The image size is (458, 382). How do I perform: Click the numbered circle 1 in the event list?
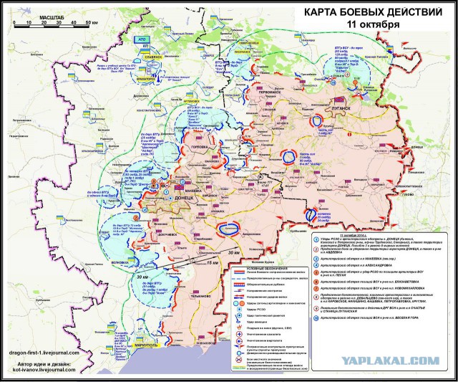(316, 240)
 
